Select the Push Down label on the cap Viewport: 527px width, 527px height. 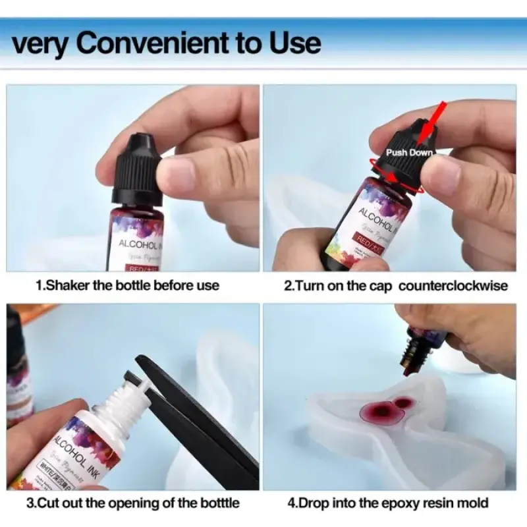pos(409,152)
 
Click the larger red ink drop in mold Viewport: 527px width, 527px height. pos(374,412)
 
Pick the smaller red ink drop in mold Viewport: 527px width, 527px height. pos(403,401)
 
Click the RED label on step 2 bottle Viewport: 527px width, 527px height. pos(361,239)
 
